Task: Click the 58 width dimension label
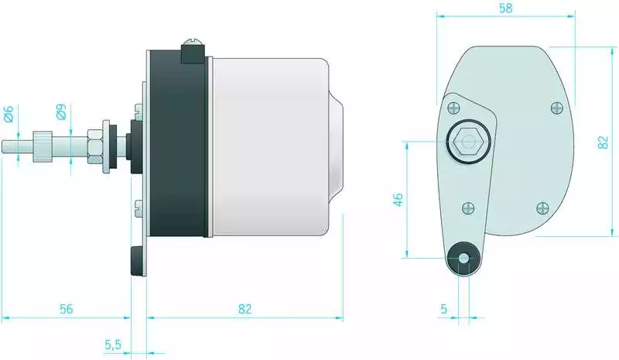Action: click(506, 8)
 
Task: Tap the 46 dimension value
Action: click(398, 200)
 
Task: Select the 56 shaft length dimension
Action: click(67, 309)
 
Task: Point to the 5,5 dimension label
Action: click(113, 345)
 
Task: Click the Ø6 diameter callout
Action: click(9, 114)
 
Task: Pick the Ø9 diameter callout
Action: click(61, 111)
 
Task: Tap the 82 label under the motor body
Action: click(245, 309)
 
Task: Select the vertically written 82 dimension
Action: click(603, 142)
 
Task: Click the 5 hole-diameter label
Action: click(443, 309)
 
